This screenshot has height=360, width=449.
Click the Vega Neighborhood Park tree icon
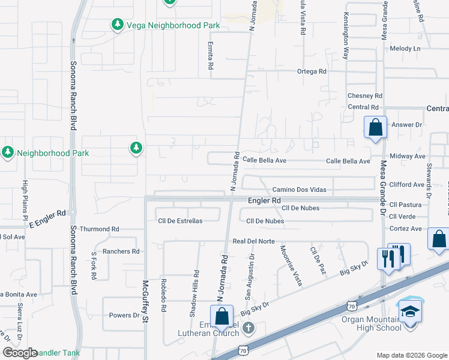point(118,25)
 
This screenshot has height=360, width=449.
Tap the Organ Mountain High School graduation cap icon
point(410,311)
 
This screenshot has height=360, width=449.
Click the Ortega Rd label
point(312,71)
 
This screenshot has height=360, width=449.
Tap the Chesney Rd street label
point(365,95)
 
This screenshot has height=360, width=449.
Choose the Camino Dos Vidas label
point(299,190)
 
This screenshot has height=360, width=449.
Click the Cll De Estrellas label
point(180,221)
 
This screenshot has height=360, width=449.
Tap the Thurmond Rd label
point(100,229)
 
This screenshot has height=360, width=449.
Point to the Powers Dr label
point(124,315)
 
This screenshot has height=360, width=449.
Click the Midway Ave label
point(408,156)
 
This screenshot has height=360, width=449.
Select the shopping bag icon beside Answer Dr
point(376,128)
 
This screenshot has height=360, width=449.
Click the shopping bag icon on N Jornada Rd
point(221,316)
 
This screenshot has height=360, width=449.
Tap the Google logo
point(20,353)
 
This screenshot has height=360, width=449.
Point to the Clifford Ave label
point(406,184)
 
